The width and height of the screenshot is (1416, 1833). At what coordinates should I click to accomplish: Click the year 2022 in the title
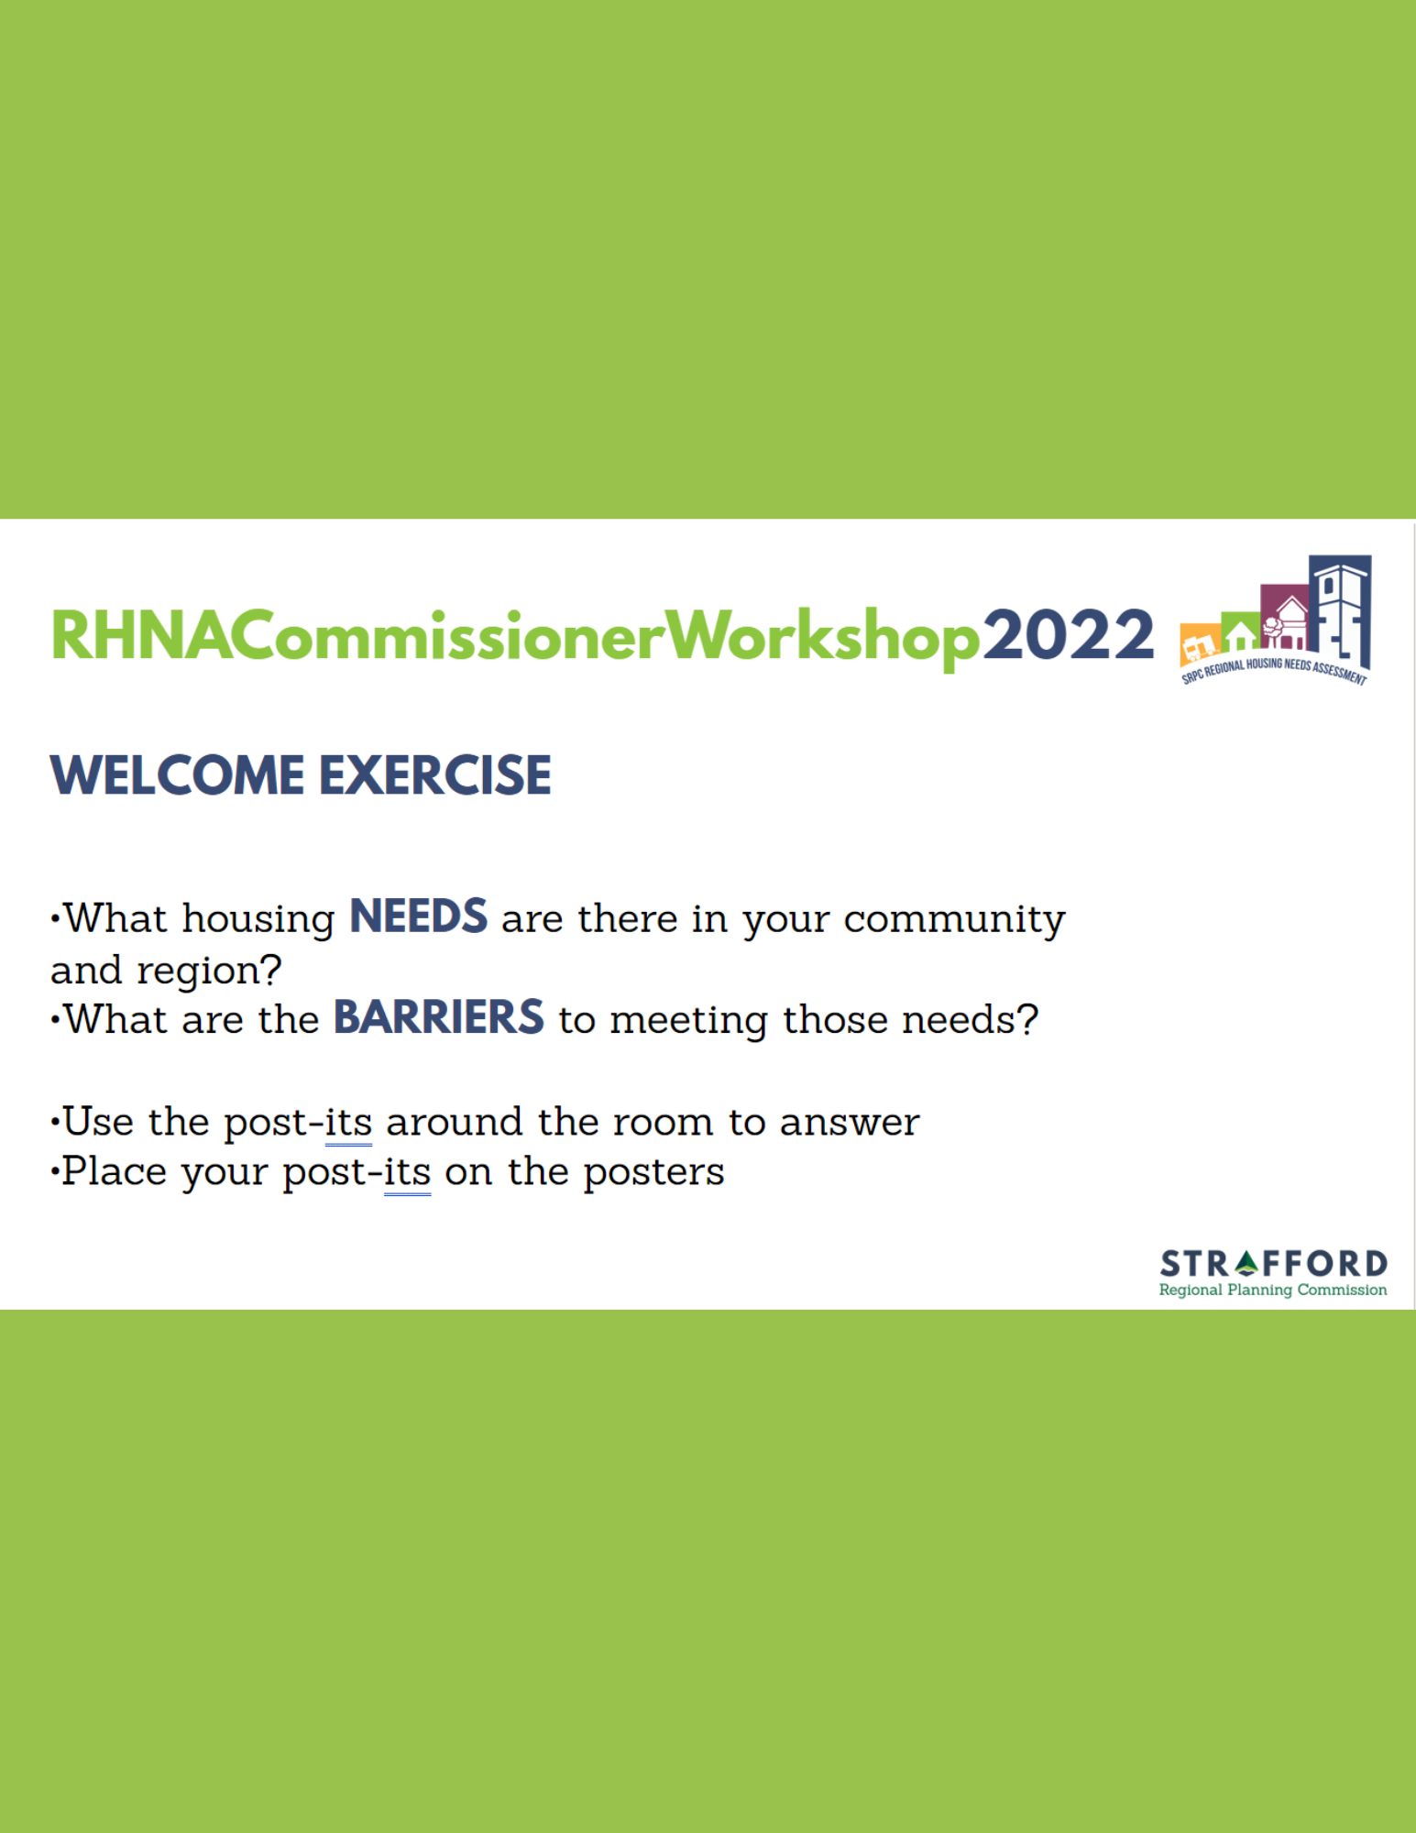pos(1068,635)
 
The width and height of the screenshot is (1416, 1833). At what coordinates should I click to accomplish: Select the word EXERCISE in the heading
pos(435,775)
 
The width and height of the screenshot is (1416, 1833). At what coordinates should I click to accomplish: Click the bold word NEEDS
pos(419,916)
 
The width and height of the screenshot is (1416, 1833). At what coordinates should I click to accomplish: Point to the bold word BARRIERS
pos(439,1017)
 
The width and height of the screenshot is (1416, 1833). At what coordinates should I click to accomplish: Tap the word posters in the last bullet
pos(653,1172)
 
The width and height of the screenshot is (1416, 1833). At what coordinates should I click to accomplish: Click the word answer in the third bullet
pos(850,1123)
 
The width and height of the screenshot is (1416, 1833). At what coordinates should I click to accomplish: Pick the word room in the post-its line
pos(663,1123)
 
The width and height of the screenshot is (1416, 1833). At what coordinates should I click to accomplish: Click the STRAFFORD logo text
pos(1273,1264)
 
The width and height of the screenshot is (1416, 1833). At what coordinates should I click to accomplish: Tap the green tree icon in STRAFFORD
pos(1247,1263)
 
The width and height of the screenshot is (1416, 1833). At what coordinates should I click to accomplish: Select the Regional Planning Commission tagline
pos(1273,1290)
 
